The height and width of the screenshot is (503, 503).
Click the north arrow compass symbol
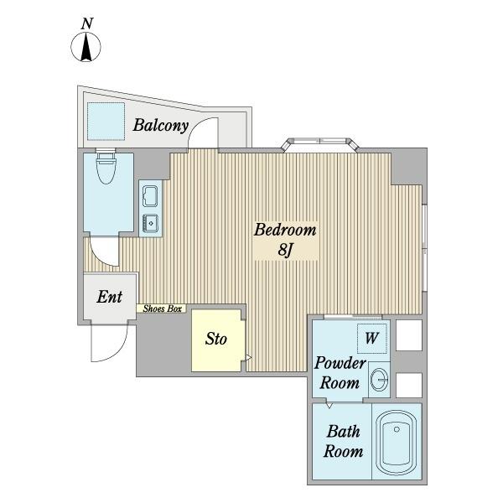pyautogui.click(x=86, y=47)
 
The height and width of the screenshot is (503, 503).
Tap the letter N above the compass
pyautogui.click(x=87, y=23)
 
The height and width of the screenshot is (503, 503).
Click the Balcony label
pyautogui.click(x=160, y=126)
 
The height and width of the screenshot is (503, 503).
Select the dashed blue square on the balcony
pyautogui.click(x=106, y=122)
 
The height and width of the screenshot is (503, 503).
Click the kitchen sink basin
pyautogui.click(x=150, y=196)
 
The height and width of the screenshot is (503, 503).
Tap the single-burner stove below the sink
pyautogui.click(x=150, y=223)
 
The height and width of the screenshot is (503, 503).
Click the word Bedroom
pyautogui.click(x=285, y=231)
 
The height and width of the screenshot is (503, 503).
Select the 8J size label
pyautogui.click(x=285, y=250)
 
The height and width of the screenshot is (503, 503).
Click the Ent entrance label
pyautogui.click(x=109, y=297)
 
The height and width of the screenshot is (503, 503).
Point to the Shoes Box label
pyautogui.click(x=163, y=309)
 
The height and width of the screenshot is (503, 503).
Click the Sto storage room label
pyautogui.click(x=216, y=339)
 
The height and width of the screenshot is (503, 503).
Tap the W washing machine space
pyautogui.click(x=372, y=338)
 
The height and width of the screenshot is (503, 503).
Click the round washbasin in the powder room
pyautogui.click(x=380, y=380)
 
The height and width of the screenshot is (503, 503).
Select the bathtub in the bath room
pyautogui.click(x=397, y=443)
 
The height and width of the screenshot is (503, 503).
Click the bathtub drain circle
pyautogui.click(x=397, y=429)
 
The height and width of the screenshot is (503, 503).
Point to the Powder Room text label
pyautogui.click(x=340, y=373)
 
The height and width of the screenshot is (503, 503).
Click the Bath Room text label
pyautogui.click(x=343, y=441)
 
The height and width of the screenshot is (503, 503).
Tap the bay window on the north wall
pyautogui.click(x=319, y=144)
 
